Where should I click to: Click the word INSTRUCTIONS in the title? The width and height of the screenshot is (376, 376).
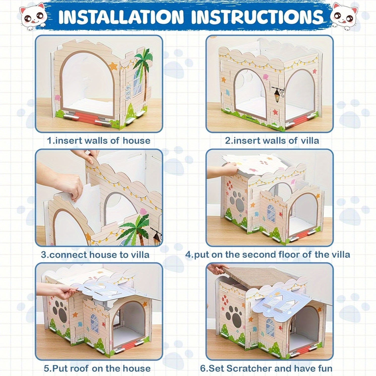257,17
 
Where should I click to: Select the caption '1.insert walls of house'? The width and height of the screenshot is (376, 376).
99,141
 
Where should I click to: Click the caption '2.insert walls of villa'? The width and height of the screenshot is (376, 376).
272,141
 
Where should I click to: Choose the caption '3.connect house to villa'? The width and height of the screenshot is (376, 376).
95,255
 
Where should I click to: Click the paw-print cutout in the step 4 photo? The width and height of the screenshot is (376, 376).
237,201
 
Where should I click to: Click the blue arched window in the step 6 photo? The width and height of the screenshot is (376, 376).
270,328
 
